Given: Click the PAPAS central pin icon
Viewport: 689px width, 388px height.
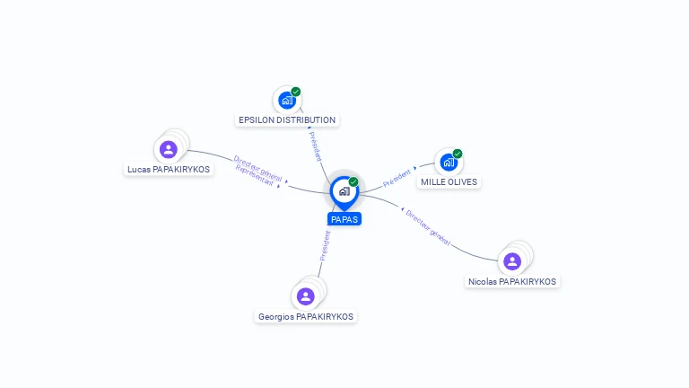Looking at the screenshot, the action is click(344, 192).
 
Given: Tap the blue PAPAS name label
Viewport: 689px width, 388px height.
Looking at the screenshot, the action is click(344, 219).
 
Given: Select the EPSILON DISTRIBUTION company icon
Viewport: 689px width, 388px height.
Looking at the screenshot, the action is click(287, 101).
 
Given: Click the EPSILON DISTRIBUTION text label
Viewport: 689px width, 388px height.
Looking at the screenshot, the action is click(287, 119).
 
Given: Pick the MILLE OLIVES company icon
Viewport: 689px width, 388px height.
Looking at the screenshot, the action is click(449, 163).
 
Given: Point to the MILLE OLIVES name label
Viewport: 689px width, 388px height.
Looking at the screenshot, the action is click(449, 181).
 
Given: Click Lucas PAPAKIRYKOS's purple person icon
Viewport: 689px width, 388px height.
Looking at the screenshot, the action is click(169, 150).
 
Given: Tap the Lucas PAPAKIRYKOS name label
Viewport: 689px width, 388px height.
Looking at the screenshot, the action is click(169, 170).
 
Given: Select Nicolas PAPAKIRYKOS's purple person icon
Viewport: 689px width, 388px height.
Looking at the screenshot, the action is click(512, 261).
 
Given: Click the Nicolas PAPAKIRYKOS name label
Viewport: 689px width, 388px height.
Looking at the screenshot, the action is click(512, 281).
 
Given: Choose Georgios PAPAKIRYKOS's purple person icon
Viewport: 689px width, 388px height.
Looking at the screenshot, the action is click(305, 296).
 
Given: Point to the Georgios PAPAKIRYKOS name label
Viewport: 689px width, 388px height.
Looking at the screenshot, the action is click(305, 317).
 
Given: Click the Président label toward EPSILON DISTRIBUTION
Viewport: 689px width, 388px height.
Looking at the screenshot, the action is click(316, 146).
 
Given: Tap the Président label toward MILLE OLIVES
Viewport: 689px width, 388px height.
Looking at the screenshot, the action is click(397, 179).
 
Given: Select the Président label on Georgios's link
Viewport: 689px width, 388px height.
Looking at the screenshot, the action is click(325, 246).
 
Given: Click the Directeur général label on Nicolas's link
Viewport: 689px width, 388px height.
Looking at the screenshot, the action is click(428, 228).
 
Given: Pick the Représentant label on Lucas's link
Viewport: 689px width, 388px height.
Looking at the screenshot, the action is click(255, 175).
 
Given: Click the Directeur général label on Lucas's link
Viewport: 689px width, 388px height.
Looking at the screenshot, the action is click(257, 168).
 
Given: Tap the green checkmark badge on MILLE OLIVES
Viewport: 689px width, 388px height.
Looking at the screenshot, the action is click(458, 154).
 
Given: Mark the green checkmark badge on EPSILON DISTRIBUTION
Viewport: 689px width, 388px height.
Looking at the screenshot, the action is click(296, 92).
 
